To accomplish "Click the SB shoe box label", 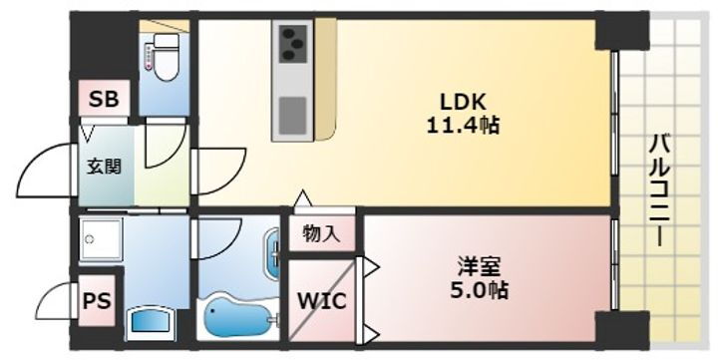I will tap(103, 99).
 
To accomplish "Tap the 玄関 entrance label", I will tap(102, 167).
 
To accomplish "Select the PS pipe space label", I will tap(97, 300).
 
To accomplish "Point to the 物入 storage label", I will tap(321, 235).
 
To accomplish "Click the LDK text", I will tap(463, 102).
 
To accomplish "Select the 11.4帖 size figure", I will tap(464, 126).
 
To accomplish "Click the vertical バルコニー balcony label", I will tap(658, 189).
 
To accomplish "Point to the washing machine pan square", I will tap(101, 240).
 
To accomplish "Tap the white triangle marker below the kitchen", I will tap(302, 199).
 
